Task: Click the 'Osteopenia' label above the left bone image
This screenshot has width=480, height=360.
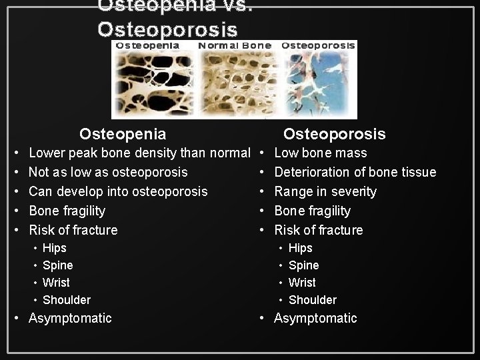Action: click(x=147, y=46)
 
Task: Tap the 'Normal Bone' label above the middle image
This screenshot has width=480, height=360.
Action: click(x=235, y=46)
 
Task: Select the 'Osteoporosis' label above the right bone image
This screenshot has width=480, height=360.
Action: click(x=318, y=46)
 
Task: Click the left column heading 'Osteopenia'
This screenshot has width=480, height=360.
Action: click(x=123, y=134)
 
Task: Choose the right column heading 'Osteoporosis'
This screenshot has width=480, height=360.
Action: click(x=334, y=134)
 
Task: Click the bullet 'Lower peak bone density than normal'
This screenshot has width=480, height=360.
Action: click(x=139, y=153)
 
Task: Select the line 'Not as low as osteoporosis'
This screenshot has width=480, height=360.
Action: click(x=108, y=172)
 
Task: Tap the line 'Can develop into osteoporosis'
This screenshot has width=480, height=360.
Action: click(x=118, y=191)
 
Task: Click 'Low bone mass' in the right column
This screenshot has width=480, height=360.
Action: click(x=321, y=153)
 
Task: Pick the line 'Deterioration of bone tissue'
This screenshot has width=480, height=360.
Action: click(x=355, y=172)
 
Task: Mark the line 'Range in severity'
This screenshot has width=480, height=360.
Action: click(x=325, y=191)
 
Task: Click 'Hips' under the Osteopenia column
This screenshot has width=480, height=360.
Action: click(x=55, y=248)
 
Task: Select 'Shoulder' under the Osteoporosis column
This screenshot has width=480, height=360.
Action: click(x=313, y=300)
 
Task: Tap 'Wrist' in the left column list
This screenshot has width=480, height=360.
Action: click(x=56, y=283)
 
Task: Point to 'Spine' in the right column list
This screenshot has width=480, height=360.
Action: click(x=303, y=265)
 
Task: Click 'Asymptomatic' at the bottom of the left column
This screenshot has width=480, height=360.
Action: click(x=70, y=318)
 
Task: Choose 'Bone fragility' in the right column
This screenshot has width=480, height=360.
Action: click(x=313, y=211)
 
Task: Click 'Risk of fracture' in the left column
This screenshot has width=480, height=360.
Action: click(x=73, y=230)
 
